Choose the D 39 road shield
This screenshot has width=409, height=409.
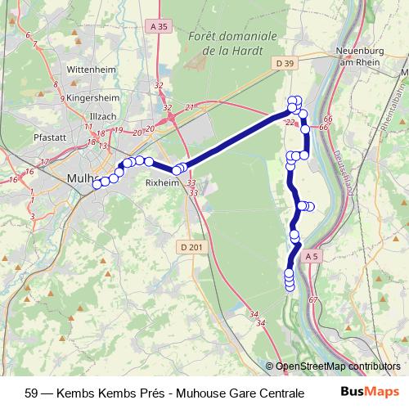285,63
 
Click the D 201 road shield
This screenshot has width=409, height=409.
190,247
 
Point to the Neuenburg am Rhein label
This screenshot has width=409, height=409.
357,56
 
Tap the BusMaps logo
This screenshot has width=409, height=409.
371,391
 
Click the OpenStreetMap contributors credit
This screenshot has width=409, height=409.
337,366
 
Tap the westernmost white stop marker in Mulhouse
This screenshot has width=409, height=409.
97,184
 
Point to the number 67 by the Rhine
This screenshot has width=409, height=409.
312,300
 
